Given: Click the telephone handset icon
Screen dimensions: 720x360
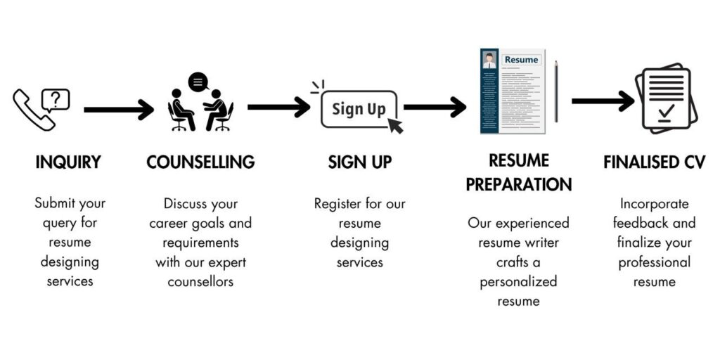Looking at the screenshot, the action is [x=34, y=110].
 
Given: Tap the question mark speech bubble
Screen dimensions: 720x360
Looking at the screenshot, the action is [x=56, y=100].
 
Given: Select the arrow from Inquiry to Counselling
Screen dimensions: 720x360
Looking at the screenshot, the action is [x=118, y=110].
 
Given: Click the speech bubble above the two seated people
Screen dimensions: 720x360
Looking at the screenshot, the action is [x=198, y=82].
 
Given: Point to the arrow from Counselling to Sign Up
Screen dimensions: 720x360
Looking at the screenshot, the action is [x=278, y=107].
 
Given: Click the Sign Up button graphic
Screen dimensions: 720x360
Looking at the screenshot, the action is [x=359, y=109].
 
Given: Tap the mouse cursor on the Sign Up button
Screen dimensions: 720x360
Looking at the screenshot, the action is [x=395, y=125].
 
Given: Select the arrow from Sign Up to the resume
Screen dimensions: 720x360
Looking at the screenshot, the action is [x=435, y=107].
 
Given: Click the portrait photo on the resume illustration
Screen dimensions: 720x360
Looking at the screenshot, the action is [x=489, y=60].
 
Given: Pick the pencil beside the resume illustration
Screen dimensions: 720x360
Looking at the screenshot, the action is [x=555, y=91].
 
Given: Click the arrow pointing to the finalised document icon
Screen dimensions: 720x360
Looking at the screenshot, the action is [x=603, y=101].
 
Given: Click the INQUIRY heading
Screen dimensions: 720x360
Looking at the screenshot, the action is [x=68, y=162].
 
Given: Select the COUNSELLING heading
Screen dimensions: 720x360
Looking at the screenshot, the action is [x=200, y=162].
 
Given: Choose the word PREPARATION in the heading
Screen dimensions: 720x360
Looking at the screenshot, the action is [x=519, y=185].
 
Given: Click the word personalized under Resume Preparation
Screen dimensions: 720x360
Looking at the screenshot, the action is [x=518, y=281].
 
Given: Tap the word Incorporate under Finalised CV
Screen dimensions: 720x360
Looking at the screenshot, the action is [x=655, y=203].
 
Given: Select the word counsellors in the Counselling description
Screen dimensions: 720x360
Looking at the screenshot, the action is [x=200, y=281].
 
